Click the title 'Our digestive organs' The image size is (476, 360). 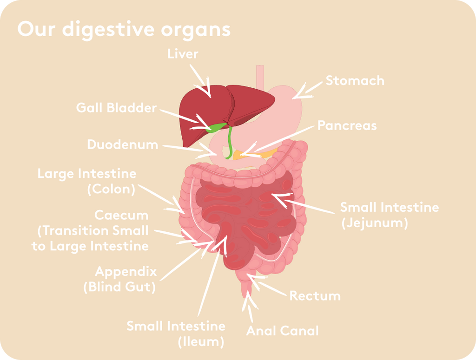click(x=124, y=30)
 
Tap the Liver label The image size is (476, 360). click(x=183, y=54)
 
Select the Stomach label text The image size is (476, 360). click(x=355, y=81)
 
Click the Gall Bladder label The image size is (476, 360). click(x=116, y=108)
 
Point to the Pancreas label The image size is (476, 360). click(x=347, y=125)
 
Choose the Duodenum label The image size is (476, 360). click(x=123, y=144)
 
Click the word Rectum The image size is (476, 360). click(x=315, y=296)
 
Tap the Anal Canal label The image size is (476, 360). click(x=282, y=331)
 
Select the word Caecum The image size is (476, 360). click(x=121, y=216)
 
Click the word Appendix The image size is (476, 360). click(x=126, y=271)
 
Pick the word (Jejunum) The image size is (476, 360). click(x=375, y=223)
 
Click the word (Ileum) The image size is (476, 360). click(x=201, y=342)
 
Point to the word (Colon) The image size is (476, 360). click(x=111, y=189)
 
